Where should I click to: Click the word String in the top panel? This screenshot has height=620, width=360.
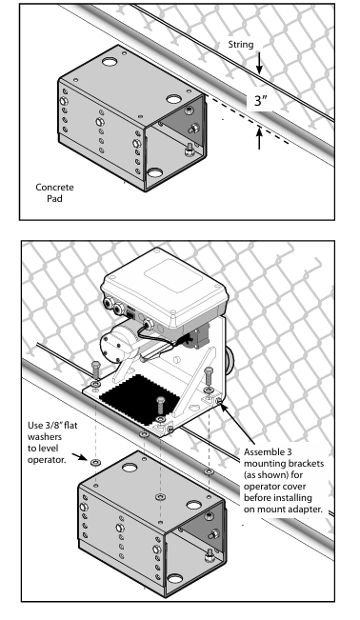point(241,45)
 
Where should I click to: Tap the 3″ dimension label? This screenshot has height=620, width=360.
point(261,100)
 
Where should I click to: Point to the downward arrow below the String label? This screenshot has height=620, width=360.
point(259,63)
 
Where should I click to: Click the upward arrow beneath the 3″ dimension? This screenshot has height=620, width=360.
point(259,137)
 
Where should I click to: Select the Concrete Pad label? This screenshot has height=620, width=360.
point(54,192)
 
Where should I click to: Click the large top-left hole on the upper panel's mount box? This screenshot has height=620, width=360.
point(110,62)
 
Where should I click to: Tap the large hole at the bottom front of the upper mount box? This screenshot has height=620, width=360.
point(154,172)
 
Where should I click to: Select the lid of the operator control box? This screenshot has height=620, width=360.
point(166,283)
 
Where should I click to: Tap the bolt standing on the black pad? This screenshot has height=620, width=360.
point(160,408)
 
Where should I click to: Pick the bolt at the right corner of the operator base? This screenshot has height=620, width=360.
point(209,380)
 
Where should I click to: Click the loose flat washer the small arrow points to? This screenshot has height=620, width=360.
point(95,462)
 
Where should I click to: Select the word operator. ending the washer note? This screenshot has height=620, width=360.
point(46,460)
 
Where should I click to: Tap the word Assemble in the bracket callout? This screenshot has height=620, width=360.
point(262,452)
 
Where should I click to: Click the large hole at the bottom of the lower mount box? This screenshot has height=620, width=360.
point(174,579)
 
